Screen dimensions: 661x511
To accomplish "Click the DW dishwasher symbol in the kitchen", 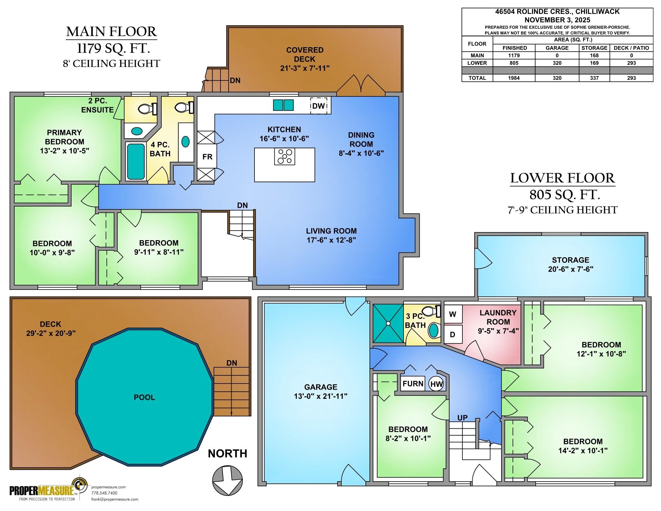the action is [319, 106].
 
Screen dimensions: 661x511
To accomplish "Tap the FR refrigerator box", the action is [207, 157].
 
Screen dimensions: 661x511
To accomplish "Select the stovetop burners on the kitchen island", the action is [285, 157].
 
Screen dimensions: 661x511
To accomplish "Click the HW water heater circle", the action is [437, 384].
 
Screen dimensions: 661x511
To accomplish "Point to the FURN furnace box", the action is [413, 384].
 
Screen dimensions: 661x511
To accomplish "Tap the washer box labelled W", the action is [453, 314].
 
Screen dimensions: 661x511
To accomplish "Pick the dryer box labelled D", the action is [453, 334].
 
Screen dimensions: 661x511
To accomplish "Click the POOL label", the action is [144, 397].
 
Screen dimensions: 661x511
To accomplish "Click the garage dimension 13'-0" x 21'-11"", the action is [321, 396].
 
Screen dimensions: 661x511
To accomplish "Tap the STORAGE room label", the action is [571, 260].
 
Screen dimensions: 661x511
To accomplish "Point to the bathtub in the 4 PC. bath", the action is [136, 161].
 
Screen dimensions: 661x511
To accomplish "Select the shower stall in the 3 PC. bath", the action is [388, 323].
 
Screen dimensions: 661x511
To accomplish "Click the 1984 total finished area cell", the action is [514, 78].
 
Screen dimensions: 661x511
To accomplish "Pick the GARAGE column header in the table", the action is [557, 48].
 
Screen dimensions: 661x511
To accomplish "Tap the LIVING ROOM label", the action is [331, 231].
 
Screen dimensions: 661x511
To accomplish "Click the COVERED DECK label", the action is [305, 54].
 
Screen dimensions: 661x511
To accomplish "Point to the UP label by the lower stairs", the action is [462, 418].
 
